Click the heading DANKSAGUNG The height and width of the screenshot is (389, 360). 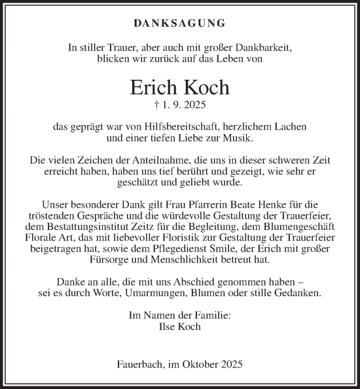point(179,24)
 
